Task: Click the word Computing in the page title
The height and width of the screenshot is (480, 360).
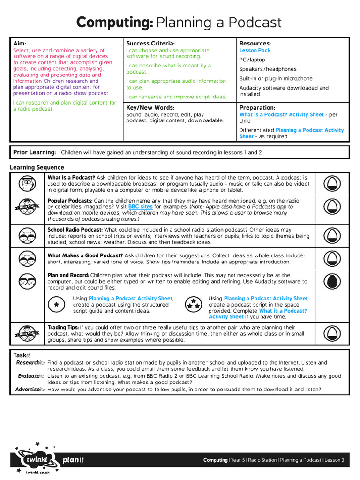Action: coord(115,22)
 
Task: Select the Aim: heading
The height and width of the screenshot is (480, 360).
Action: coord(19,44)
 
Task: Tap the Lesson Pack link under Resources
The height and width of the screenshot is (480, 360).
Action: coord(255,51)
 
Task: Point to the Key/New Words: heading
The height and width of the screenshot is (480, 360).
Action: coord(150,108)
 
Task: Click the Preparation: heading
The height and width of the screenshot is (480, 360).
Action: coord(257,108)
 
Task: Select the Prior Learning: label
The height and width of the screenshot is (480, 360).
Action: coord(34,152)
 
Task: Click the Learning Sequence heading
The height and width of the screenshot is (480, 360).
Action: coord(37,167)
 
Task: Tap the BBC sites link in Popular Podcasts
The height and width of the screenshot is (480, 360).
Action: coord(140,207)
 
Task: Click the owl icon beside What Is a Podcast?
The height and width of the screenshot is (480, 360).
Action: coord(27,184)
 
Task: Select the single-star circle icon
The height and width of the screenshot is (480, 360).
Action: coord(56,304)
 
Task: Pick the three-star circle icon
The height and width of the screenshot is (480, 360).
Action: coord(193,304)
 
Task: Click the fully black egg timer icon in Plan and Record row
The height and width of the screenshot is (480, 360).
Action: coord(332,281)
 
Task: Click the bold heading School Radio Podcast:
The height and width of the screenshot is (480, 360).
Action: coord(75,230)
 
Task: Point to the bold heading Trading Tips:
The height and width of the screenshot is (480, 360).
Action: coord(63,328)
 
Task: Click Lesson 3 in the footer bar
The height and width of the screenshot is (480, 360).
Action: coord(334,460)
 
